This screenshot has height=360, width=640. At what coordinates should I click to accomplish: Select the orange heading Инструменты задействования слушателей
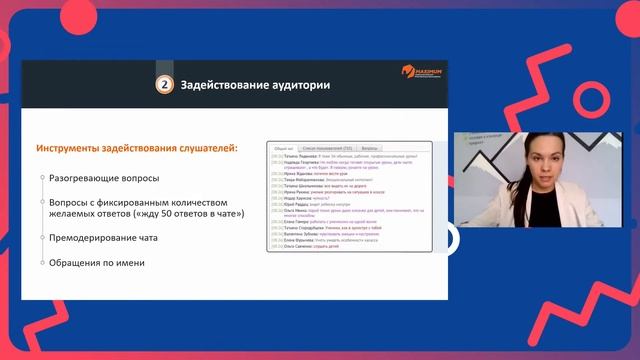(x=137, y=148)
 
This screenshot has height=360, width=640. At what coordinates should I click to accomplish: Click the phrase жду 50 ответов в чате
(x=181, y=214)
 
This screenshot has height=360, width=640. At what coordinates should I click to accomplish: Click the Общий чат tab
(x=283, y=147)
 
